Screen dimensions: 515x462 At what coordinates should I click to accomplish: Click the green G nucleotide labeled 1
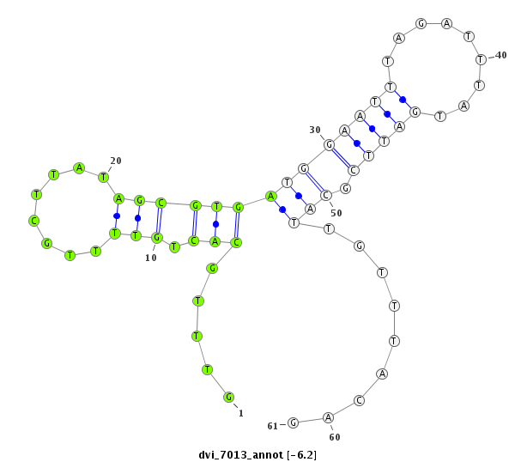click(x=228, y=397)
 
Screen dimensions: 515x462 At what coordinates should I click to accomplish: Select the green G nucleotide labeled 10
click(x=157, y=237)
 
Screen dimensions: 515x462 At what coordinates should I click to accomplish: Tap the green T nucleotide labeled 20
click(x=104, y=177)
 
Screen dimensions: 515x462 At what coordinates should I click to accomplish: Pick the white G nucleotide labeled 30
click(x=329, y=144)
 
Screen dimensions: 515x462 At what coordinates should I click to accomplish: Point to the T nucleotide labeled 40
click(x=481, y=59)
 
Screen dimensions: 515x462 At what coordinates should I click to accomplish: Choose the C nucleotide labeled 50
click(x=326, y=195)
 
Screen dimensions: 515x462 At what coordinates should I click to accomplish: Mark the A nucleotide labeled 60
click(x=328, y=417)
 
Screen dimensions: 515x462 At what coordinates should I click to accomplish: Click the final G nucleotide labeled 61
click(x=293, y=422)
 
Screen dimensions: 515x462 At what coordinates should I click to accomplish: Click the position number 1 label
click(x=241, y=413)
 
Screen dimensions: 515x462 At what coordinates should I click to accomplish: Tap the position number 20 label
click(x=116, y=161)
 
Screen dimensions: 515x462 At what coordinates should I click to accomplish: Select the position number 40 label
click(x=501, y=55)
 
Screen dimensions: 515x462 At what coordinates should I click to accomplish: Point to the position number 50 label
click(x=336, y=213)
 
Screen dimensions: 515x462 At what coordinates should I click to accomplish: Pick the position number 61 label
click(x=273, y=426)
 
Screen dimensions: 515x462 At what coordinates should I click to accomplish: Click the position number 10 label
click(x=151, y=258)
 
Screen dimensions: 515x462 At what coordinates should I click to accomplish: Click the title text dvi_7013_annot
click(x=240, y=455)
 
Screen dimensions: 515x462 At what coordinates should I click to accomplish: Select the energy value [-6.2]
click(x=301, y=455)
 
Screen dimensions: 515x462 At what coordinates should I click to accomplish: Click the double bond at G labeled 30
click(x=341, y=157)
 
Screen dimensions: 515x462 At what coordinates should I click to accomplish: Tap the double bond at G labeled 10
click(x=159, y=220)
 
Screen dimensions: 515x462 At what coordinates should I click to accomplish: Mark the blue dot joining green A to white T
click(x=282, y=210)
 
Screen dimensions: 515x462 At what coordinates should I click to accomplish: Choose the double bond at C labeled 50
click(x=315, y=182)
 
